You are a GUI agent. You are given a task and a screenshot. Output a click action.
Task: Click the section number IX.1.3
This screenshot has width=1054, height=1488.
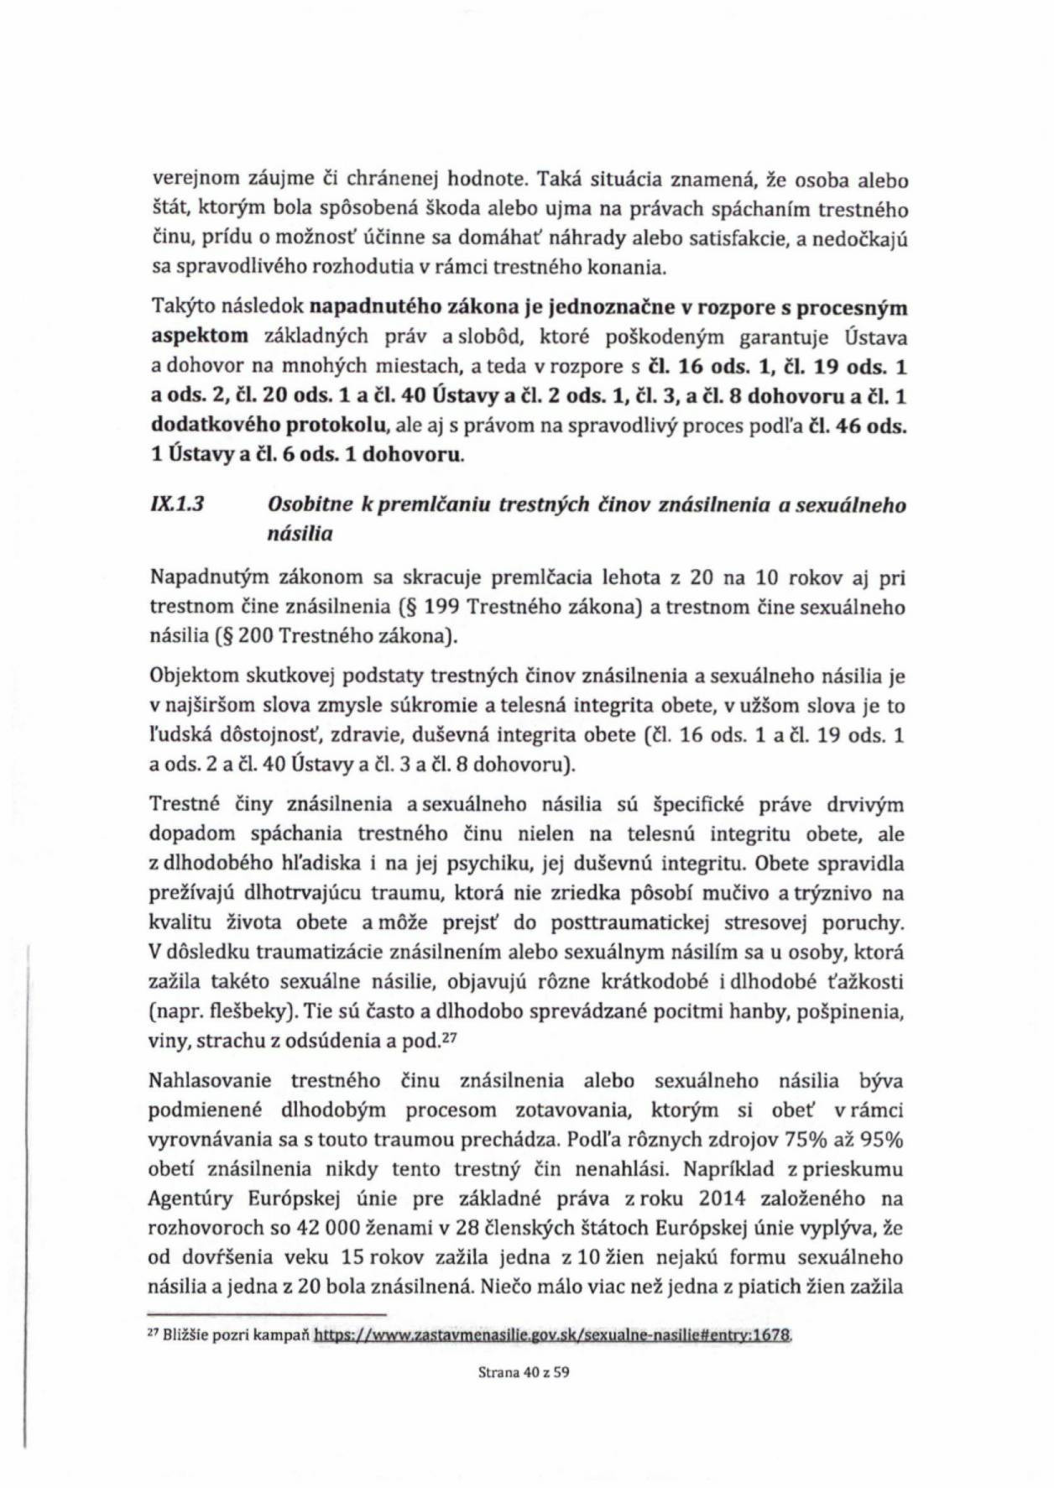click(x=178, y=505)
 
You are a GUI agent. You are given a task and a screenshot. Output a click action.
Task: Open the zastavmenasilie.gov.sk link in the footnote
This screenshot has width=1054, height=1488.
click(x=553, y=1334)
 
